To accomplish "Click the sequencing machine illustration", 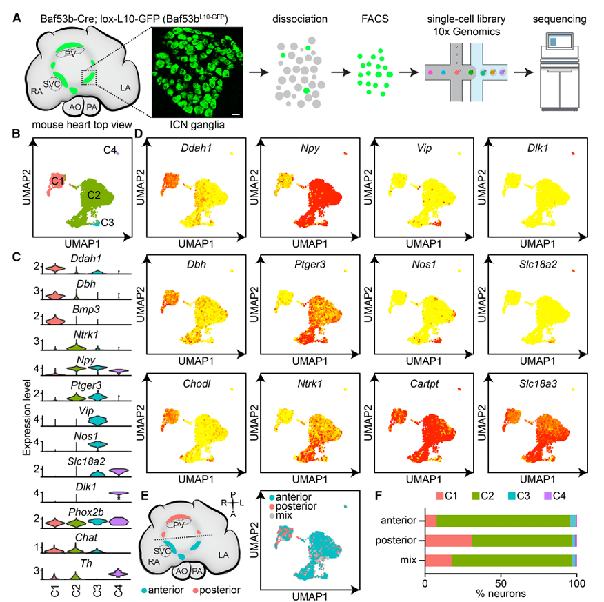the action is [560, 72].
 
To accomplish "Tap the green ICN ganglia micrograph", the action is [197, 72].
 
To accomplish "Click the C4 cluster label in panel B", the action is [110, 150].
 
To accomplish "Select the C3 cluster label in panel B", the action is [108, 223].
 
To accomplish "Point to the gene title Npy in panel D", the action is [310, 148].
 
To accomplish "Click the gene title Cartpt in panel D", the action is [424, 384].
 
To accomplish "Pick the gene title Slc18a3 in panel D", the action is [538, 384].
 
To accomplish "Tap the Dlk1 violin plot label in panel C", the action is [85, 487].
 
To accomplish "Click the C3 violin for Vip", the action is [98, 421].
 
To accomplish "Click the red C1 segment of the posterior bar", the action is [448, 541].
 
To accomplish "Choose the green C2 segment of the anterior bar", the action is [503, 521].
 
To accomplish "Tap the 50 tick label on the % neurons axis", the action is [501, 583].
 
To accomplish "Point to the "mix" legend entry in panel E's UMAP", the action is [281, 515].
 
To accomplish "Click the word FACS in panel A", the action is [375, 19].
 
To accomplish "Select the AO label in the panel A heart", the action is [75, 107].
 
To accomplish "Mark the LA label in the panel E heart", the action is [223, 555].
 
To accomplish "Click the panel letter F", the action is [379, 495].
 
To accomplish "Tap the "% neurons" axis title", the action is [501, 594].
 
